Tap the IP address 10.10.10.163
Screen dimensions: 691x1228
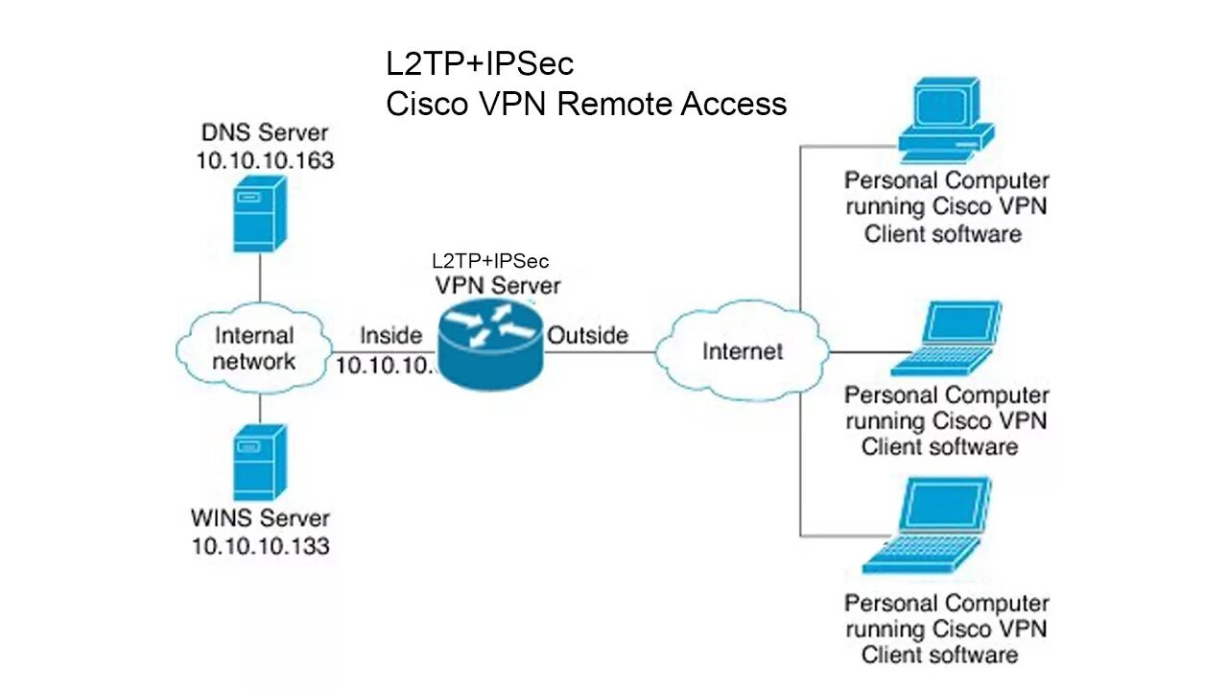point(265,161)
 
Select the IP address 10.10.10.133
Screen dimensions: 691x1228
point(260,546)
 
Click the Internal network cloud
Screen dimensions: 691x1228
point(254,348)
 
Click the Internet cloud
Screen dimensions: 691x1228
point(743,351)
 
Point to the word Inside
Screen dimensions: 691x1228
point(390,335)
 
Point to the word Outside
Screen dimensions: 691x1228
point(587,335)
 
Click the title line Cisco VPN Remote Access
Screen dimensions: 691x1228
point(586,104)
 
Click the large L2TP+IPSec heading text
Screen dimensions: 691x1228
point(480,64)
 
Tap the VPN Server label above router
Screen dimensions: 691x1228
point(497,285)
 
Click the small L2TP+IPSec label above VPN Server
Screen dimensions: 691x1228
point(490,260)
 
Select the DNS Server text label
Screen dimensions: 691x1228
point(265,133)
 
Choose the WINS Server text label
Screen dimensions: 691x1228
point(260,518)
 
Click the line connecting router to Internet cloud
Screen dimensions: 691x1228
point(600,352)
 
